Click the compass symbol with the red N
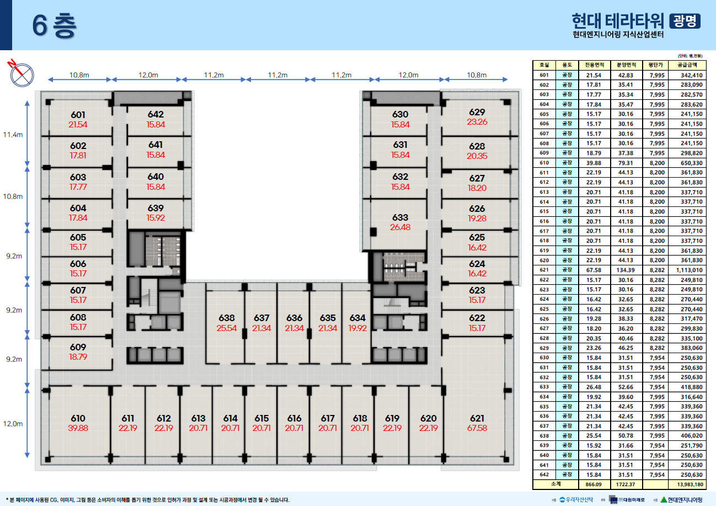22,73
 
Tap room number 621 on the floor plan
477,418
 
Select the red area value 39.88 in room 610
78,428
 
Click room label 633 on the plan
400,218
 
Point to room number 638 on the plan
226,318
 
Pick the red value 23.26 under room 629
477,122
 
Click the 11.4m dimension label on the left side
13,135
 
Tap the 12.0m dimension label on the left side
13,424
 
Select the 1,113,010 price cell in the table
686,270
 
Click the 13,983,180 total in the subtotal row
686,484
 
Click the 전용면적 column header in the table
594,65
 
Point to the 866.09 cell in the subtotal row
594,484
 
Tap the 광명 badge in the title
685,20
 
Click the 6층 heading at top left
54,25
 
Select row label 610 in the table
544,163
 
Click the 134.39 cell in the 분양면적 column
625,270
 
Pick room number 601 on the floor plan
78,115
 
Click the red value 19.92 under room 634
357,328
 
